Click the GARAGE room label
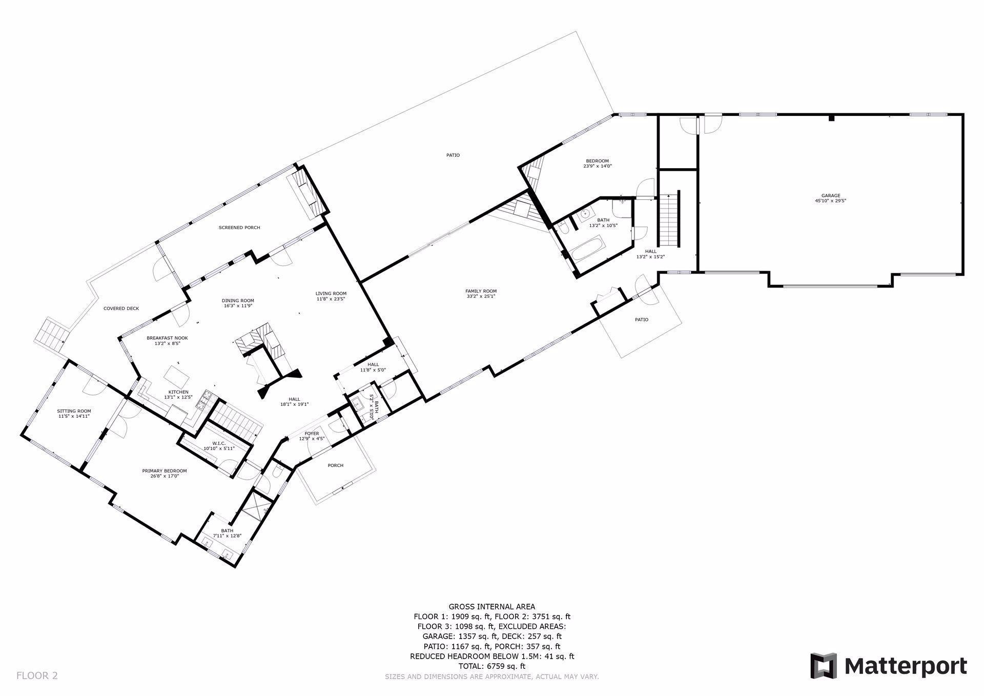tap(830, 195)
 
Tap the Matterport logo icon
tap(823, 666)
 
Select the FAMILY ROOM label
tap(481, 291)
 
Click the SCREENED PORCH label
tap(239, 228)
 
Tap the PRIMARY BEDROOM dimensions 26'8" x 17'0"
tap(164, 476)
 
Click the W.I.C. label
tap(219, 443)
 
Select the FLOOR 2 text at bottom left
tap(37, 675)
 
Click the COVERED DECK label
tap(121, 309)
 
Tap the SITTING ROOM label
tap(74, 411)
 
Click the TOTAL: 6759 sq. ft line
tap(491, 666)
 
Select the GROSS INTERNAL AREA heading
tap(491, 607)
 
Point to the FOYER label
tap(312, 434)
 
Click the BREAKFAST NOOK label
tap(167, 338)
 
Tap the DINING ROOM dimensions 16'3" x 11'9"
tap(238, 305)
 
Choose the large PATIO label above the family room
tap(453, 155)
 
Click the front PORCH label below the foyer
tap(335, 465)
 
